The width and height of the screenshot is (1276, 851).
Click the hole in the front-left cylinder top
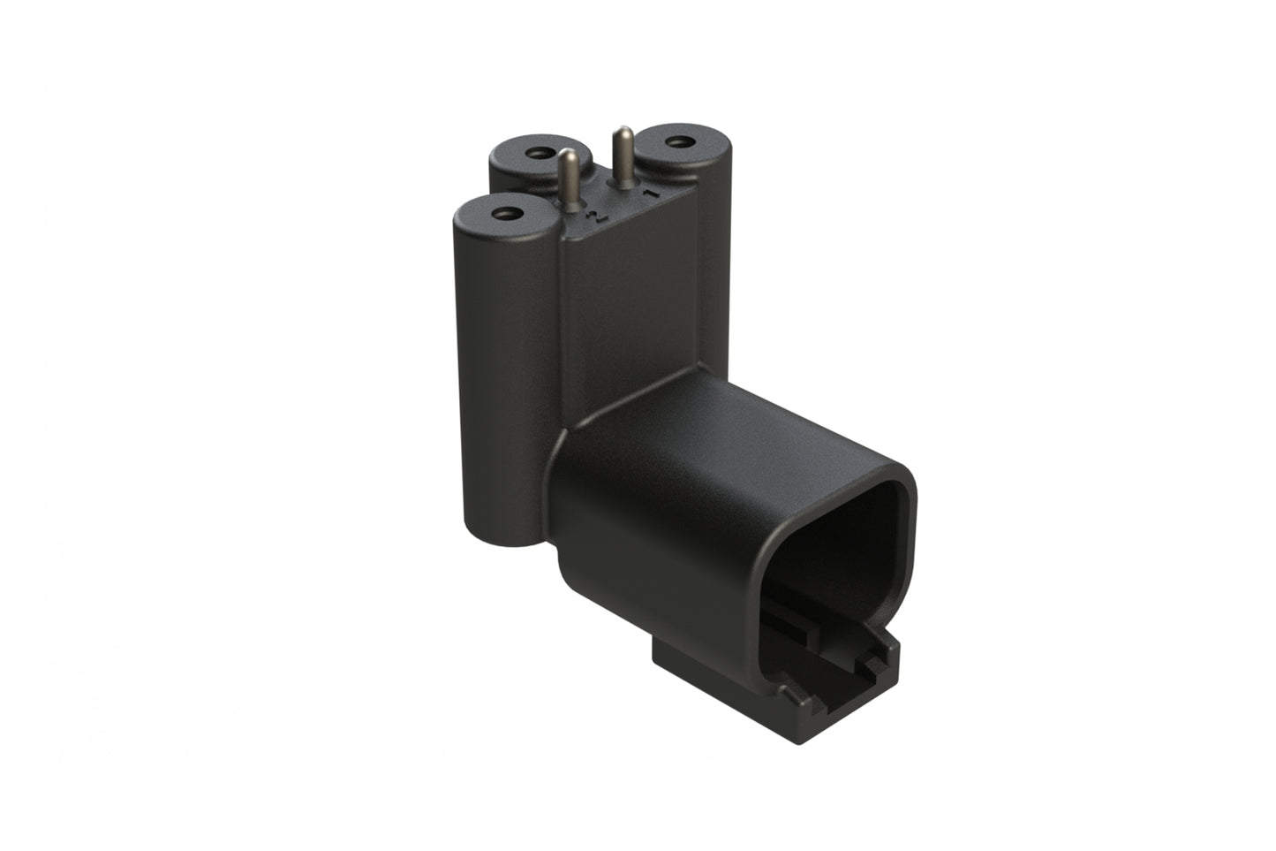point(506,213)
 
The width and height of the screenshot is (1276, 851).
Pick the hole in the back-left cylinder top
point(536,154)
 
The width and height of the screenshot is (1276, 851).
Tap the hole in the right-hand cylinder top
point(678,141)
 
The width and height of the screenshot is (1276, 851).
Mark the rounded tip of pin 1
point(622,133)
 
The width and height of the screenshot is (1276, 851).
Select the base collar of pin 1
point(623,186)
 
